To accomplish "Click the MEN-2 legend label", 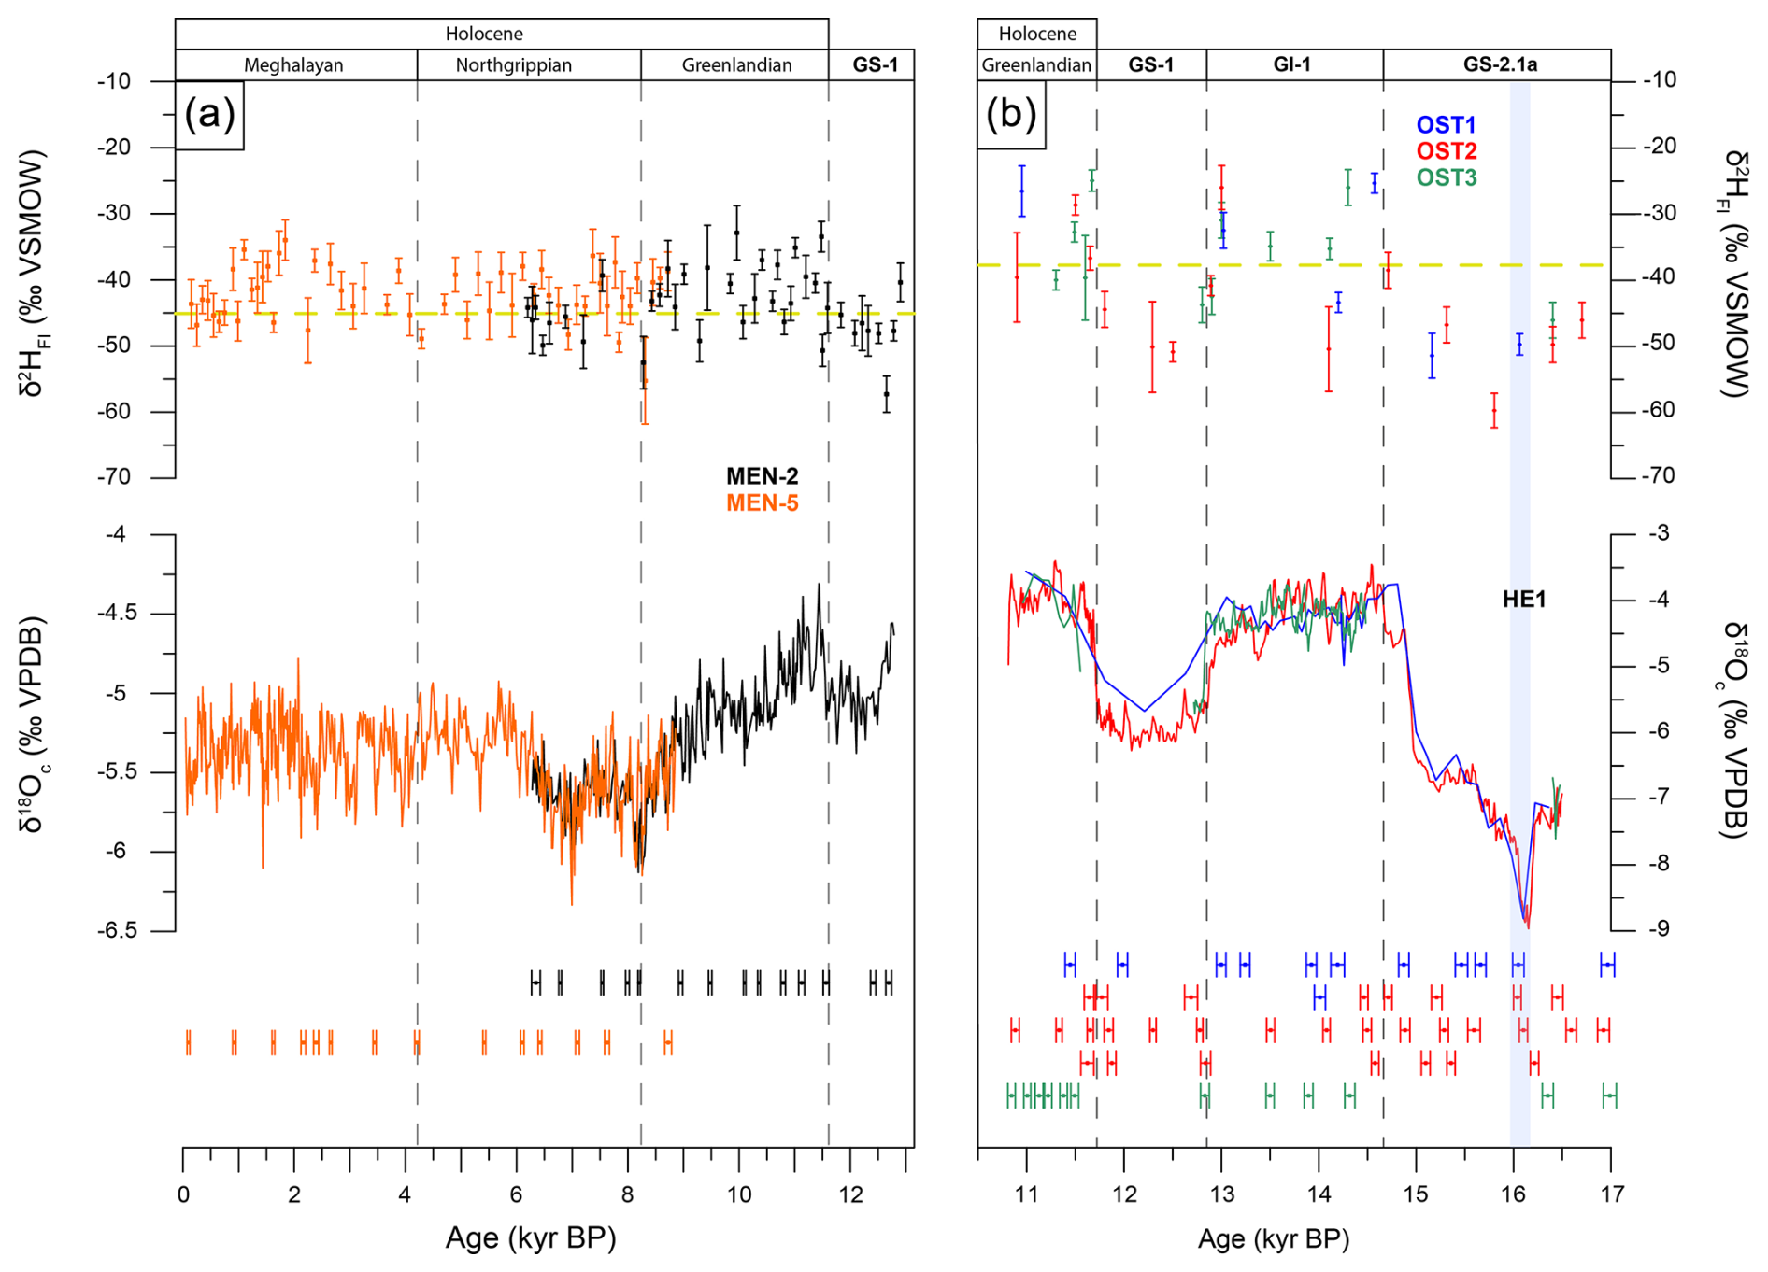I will coord(762,476).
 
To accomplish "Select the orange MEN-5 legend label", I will coord(762,503).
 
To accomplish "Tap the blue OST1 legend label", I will coord(1446,125).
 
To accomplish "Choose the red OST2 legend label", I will coord(1446,151).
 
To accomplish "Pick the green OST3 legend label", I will coord(1446,177).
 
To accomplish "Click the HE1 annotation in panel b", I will coord(1523,600).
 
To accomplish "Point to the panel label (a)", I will coord(209,114).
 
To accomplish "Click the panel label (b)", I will coord(1011,114).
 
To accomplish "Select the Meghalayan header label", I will coord(293,65).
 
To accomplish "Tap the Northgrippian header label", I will coord(513,65).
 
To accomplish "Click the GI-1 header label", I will coord(1292,64).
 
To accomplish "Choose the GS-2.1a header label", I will coord(1500,64).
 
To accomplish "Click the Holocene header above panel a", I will coord(483,34).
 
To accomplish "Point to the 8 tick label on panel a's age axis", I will coord(627,1194).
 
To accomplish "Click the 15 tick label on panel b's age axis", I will coord(1416,1194).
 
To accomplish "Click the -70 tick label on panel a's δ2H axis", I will coord(114,477).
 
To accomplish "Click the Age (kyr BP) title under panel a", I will coord(530,1238).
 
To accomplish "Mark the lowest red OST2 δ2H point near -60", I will coord(1494,410).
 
